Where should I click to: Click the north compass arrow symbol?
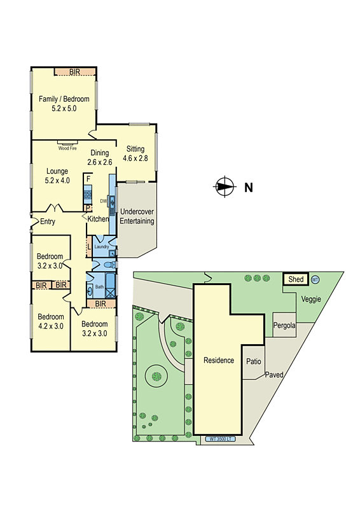pos(224,187)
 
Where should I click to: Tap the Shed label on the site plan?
pos(296,279)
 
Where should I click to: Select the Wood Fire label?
pos(67,148)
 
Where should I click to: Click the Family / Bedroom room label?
pos(64,104)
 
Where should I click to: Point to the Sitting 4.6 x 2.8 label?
pos(135,154)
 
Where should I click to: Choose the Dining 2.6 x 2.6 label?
pos(100,157)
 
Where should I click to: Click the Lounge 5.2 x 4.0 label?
pos(58,176)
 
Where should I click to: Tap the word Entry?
pos(48,221)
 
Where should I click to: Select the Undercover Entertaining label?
pos(137,216)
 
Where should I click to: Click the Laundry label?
pos(102,246)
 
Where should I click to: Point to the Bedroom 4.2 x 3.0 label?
pos(51,321)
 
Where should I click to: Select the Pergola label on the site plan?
pos(284,326)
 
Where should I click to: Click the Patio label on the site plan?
pos(254,361)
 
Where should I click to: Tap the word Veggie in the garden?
pos(311,299)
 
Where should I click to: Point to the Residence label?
pos(218,360)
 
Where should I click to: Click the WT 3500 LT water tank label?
pos(222,439)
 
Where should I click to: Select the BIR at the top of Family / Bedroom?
pos(74,71)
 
